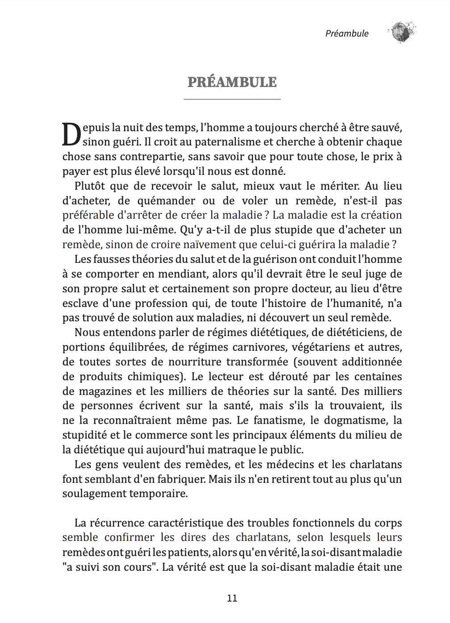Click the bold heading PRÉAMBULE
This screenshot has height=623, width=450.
pos(232,82)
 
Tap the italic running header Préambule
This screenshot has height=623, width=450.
pos(347,33)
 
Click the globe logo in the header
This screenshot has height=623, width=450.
pos(402,32)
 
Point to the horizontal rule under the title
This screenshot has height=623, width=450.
pos(232,99)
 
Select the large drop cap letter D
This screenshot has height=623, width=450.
pos(71,134)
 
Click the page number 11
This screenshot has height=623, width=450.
pos(232,598)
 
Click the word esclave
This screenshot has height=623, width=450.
pos(80,303)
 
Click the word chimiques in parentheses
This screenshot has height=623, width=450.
pos(154,377)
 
